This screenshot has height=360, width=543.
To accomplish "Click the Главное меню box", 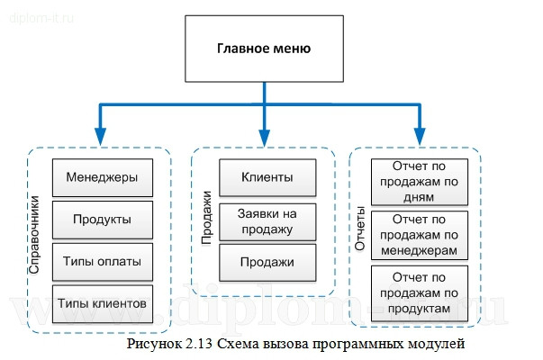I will [x=264, y=49].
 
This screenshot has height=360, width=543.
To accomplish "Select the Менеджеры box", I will [x=101, y=176].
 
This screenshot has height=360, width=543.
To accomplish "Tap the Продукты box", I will [x=101, y=219].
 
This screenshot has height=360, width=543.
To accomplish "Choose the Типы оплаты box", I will [x=101, y=261].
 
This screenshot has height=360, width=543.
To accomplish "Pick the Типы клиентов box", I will [x=101, y=302].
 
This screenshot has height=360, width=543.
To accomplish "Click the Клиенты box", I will [x=267, y=176].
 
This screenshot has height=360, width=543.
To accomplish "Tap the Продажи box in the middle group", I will [x=267, y=262].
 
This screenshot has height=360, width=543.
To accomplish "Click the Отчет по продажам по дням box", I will [x=420, y=180].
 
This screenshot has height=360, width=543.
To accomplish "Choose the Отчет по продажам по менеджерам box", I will [x=420, y=234].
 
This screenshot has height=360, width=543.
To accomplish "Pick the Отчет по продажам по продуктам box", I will [x=420, y=292].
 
